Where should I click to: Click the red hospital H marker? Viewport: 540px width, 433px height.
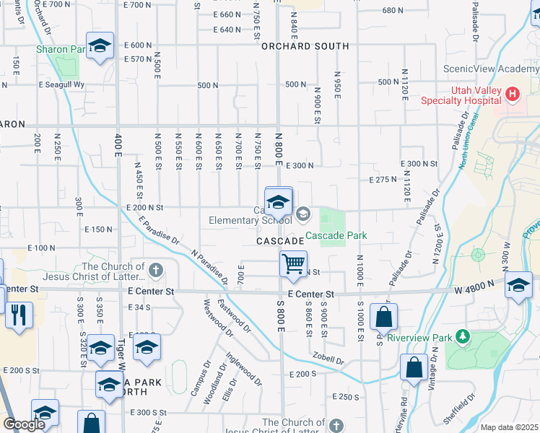point(513,94)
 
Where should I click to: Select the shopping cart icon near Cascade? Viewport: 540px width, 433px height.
point(293,263)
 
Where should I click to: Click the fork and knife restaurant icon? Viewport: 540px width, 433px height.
point(18,315)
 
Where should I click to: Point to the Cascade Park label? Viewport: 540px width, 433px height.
point(336,235)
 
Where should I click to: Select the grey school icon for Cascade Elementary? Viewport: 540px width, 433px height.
point(302,213)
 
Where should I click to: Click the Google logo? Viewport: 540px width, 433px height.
point(24,424)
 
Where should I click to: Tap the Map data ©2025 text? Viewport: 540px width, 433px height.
point(509,427)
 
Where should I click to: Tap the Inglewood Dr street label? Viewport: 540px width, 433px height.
point(243,366)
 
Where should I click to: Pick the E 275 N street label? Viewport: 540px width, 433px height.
point(383,180)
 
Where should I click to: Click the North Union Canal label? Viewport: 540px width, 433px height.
point(462,156)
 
